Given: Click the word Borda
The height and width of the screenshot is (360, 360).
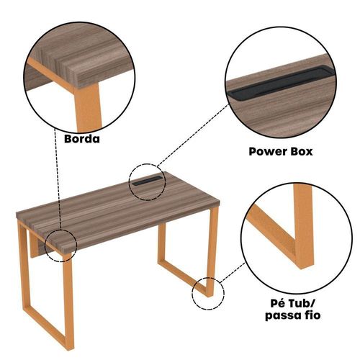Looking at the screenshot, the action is point(82,139).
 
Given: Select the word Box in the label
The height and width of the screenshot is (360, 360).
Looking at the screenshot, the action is point(302,152).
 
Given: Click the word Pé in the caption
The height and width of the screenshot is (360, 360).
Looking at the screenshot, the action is point(278,303).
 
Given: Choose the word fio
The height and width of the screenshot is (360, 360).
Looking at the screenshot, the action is point(313,315).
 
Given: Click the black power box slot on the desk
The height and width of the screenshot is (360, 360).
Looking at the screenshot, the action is point(147,181).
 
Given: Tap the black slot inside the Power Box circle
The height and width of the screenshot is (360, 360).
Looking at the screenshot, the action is point(281,81).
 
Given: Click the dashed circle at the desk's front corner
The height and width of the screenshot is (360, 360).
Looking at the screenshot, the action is point(45,245).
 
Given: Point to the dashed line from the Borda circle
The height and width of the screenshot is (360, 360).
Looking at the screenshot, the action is point(58,179).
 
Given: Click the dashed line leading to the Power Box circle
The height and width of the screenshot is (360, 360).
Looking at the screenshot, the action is point(193,135).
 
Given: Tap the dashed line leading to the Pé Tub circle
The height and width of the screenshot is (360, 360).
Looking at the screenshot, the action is point(233,272).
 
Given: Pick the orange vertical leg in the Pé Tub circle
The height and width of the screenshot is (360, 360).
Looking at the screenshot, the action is point(304,225).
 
